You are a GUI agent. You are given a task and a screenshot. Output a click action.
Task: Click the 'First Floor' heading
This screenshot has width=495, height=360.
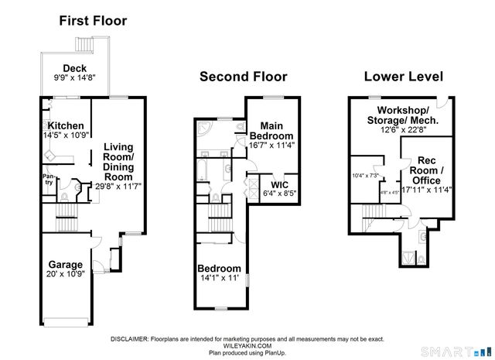pos(93,21)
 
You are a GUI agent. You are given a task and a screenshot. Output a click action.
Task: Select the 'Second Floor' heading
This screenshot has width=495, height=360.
pos(243,77)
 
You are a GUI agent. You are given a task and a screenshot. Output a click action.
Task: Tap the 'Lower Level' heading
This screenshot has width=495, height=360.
pos(403,77)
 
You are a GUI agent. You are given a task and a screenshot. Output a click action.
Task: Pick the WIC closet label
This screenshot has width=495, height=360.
pos(275,186)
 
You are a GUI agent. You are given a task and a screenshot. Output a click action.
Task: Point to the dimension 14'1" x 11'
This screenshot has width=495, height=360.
pos(220,276)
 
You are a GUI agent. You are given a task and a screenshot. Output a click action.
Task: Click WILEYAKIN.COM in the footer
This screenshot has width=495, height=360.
pos(247,345)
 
